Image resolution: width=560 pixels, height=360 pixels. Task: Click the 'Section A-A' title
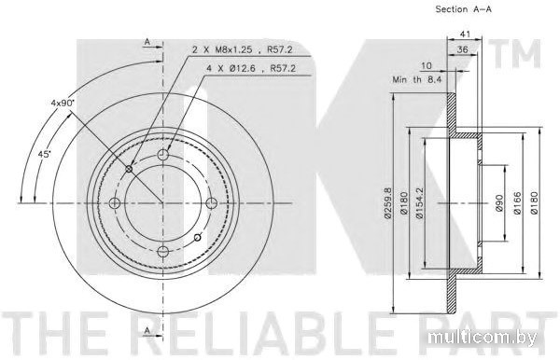(463, 9)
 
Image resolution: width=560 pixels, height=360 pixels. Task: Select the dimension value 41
(464, 35)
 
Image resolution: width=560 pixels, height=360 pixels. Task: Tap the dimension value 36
(463, 49)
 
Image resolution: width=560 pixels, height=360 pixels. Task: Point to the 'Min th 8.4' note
(417, 79)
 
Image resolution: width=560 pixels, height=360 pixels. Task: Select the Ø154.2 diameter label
(420, 203)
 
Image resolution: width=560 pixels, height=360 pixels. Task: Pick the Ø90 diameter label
(499, 203)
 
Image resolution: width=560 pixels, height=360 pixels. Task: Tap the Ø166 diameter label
(517, 203)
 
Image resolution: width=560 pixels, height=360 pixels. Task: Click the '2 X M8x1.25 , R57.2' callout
(243, 49)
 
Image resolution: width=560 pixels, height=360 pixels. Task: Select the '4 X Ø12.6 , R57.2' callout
(251, 68)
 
